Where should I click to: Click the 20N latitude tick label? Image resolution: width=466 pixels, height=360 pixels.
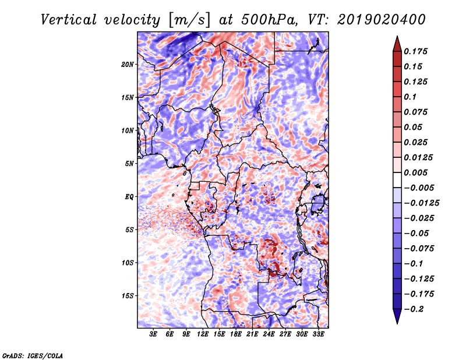click(x=128, y=65)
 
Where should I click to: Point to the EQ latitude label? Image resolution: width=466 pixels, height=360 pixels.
click(x=129, y=197)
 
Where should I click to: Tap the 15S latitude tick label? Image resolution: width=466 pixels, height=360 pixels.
click(x=128, y=296)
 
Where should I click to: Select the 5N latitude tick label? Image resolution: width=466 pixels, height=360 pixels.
click(x=129, y=164)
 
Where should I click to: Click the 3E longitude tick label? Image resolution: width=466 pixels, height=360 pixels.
click(x=153, y=334)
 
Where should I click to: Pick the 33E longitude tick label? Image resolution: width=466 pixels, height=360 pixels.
click(x=318, y=334)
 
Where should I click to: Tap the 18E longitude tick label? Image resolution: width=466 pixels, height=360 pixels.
click(x=236, y=334)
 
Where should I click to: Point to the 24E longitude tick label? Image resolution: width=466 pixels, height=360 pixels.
click(x=269, y=334)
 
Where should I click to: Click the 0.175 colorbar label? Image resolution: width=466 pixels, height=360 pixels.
click(x=415, y=51)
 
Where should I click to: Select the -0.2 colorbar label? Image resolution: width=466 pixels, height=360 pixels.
click(x=414, y=309)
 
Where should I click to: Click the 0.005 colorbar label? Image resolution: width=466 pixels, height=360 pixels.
click(x=415, y=172)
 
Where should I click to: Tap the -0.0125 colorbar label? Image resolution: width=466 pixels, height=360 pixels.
click(x=421, y=203)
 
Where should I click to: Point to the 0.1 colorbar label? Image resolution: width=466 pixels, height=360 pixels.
click(x=410, y=97)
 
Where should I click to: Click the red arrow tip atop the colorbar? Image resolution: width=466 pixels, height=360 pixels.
click(x=397, y=36)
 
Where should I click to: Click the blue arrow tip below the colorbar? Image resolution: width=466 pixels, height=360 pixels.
click(x=397, y=323)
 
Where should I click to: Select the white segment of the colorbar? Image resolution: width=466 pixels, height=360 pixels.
click(x=397, y=180)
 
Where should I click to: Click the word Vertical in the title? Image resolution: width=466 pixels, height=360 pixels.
click(x=69, y=20)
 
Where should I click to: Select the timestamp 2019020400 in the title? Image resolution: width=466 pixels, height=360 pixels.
click(x=382, y=20)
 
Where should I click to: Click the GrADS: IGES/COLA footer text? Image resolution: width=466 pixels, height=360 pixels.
click(x=33, y=355)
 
